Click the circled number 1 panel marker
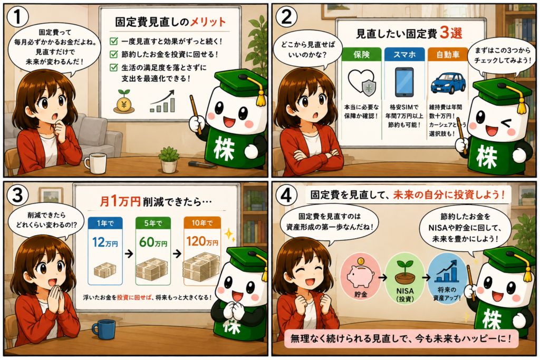[x=17, y=16]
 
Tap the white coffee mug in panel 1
[x=95, y=163]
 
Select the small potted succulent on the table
[x=169, y=159]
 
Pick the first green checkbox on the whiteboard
[x=113, y=41]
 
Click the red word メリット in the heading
[x=208, y=22]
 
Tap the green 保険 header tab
[x=361, y=54]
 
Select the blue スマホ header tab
[x=404, y=54]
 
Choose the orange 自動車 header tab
[x=447, y=54]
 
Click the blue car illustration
[x=448, y=83]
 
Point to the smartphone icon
[x=404, y=82]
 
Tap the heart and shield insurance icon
[x=362, y=82]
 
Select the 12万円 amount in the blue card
[x=105, y=242]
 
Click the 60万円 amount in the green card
[x=153, y=242]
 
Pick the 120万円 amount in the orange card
[x=202, y=241]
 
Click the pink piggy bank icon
[x=360, y=274]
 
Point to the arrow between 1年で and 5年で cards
[x=129, y=254]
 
